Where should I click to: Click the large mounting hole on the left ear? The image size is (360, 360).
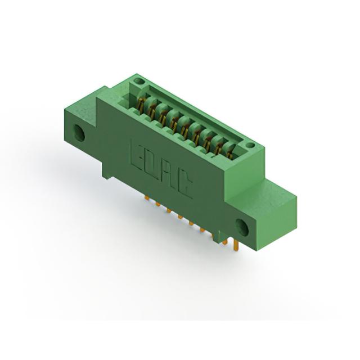pyautogui.click(x=79, y=133)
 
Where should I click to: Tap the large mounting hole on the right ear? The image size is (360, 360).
pyautogui.click(x=242, y=227)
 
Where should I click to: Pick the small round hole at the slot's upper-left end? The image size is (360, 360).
pyautogui.click(x=138, y=81)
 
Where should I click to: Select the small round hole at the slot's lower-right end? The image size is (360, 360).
pyautogui.click(x=250, y=145)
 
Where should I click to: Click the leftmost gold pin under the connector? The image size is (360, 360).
pyautogui.click(x=146, y=197)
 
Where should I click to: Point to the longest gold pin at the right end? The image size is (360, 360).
pyautogui.click(x=236, y=246)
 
